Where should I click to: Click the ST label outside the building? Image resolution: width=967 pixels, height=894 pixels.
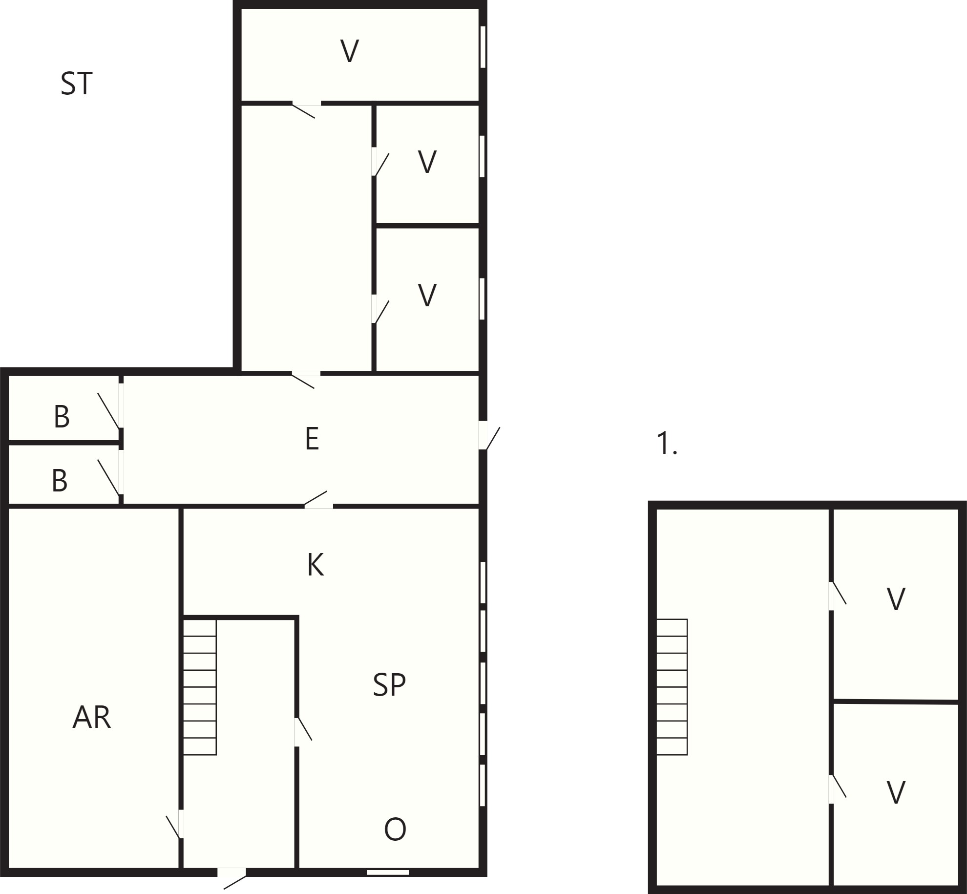tap(76, 84)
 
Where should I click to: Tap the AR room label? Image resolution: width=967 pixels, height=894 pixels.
tap(92, 718)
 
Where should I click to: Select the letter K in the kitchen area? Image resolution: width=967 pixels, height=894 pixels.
tap(315, 565)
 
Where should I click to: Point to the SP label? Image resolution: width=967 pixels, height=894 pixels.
tap(389, 684)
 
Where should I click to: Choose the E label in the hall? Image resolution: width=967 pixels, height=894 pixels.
tap(312, 438)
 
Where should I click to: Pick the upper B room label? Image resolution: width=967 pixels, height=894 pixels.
tap(62, 417)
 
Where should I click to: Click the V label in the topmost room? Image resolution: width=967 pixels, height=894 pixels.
tap(350, 51)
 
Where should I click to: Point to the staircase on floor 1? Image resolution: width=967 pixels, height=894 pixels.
tap(672, 687)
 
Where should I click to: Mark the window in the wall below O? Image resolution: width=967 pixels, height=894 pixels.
tap(388, 872)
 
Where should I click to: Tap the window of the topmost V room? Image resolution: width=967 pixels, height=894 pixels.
tap(483, 47)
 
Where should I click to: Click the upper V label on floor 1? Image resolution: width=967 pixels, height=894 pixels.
tap(896, 599)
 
